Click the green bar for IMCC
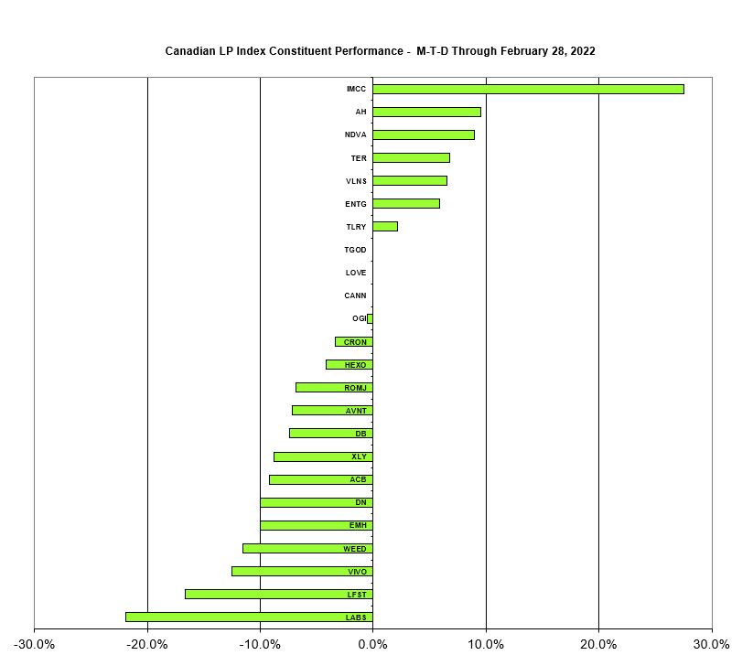pyautogui.click(x=528, y=89)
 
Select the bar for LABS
pyautogui.click(x=249, y=617)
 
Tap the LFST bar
pyautogui.click(x=278, y=594)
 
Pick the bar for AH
pyautogui.click(x=426, y=112)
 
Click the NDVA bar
pyautogui.click(x=423, y=134)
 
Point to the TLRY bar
pyautogui.click(x=384, y=226)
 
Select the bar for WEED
pyautogui.click(x=307, y=548)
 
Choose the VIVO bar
pyautogui.click(x=302, y=571)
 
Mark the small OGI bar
pyautogui.click(x=370, y=318)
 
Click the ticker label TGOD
pyautogui.click(x=355, y=250)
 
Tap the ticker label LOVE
pyautogui.click(x=356, y=273)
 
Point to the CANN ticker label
pyautogui.click(x=355, y=295)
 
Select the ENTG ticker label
pyautogui.click(x=355, y=203)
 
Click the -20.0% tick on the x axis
pyautogui.click(x=147, y=643)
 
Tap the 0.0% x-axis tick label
pyautogui.click(x=372, y=643)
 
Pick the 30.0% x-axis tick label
pyautogui.click(x=711, y=643)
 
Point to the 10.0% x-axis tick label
pyautogui.click(x=486, y=643)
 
